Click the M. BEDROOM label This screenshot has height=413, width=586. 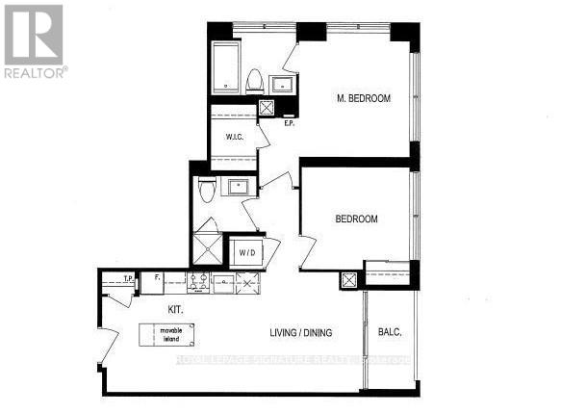[x=363, y=98]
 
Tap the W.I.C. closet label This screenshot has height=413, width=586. [x=234, y=137]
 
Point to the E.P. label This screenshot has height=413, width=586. [x=289, y=121]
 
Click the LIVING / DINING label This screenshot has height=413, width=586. [x=300, y=333]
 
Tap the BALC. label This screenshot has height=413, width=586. [x=391, y=332]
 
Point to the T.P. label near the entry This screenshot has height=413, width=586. [x=127, y=279]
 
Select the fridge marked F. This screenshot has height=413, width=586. [x=155, y=282]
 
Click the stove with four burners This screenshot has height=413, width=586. [x=200, y=282]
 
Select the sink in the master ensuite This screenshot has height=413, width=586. [x=283, y=84]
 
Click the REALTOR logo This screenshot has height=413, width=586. [x=34, y=40]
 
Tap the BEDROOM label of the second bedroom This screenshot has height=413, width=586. [x=356, y=219]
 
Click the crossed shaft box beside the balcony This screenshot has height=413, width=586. [x=348, y=280]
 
